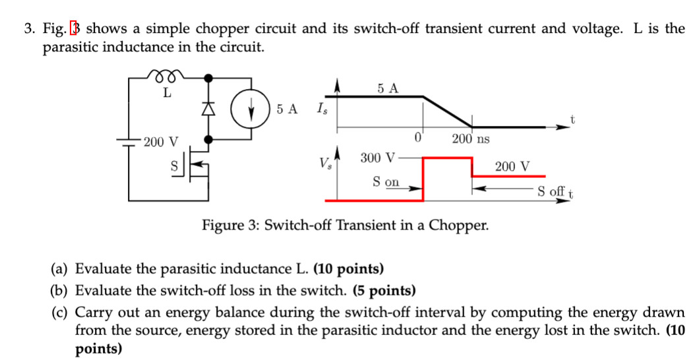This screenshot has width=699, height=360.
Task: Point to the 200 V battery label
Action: click(161, 142)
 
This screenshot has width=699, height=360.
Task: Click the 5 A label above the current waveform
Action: click(388, 88)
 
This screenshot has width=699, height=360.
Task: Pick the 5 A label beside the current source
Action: click(287, 109)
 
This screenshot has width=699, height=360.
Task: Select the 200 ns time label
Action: click(470, 139)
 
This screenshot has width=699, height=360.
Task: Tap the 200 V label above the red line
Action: click(512, 166)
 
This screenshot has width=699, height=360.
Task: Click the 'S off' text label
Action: click(551, 193)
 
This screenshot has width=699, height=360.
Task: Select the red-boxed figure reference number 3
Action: click(76, 29)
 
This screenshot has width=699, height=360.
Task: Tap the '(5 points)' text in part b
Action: click(385, 290)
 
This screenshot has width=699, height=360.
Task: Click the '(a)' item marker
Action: click(61, 269)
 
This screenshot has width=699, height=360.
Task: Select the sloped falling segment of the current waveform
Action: click(447, 111)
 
